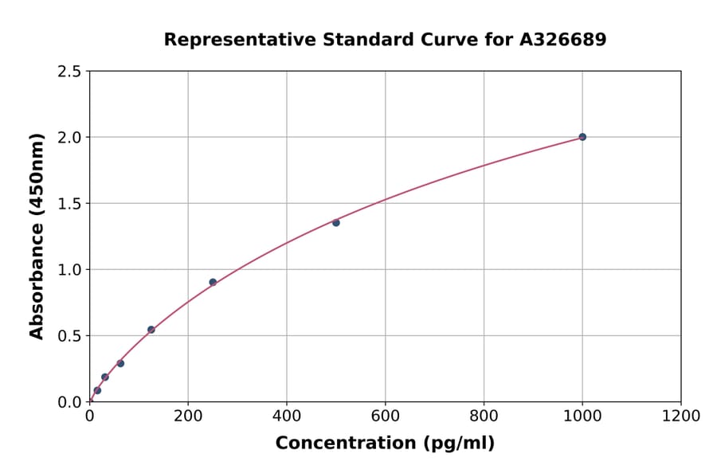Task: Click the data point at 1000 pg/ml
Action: click(582, 137)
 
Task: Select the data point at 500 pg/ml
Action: click(336, 223)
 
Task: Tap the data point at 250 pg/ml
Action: click(213, 282)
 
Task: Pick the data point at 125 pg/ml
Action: click(151, 330)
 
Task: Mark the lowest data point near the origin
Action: click(97, 390)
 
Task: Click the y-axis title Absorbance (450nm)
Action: click(37, 236)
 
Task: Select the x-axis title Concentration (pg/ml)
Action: click(385, 444)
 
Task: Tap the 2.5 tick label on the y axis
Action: click(69, 72)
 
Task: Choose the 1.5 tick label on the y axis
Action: click(69, 204)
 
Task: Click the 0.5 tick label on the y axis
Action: click(69, 336)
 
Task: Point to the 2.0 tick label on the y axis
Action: click(69, 138)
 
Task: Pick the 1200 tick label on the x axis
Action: click(681, 416)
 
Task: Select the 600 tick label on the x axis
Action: click(385, 416)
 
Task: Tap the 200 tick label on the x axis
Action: click(188, 416)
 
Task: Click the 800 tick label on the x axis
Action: click(484, 416)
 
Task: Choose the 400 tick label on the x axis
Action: click(287, 416)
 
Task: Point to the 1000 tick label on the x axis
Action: click(582, 416)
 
